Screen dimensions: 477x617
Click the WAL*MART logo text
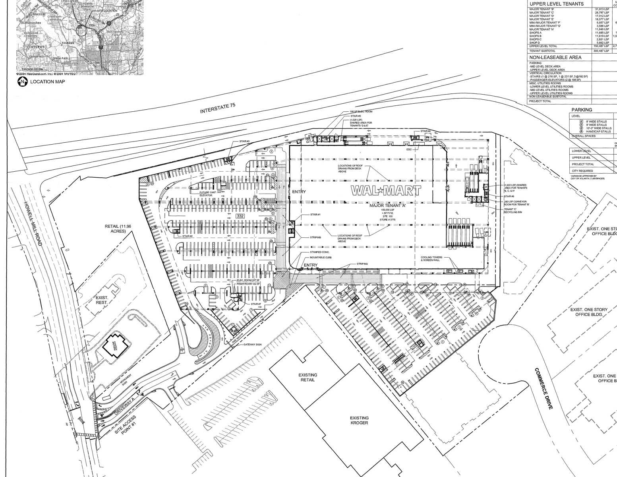[x=386, y=191]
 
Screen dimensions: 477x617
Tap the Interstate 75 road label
[x=218, y=108]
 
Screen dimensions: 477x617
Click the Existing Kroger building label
[x=359, y=420]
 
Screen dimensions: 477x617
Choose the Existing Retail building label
[x=308, y=377]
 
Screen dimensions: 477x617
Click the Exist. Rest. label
[x=102, y=300]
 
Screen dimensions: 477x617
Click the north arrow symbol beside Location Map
[x=22, y=82]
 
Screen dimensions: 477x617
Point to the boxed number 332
[x=240, y=216]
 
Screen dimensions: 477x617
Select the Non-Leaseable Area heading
[x=549, y=57]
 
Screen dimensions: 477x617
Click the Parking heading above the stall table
[x=582, y=110]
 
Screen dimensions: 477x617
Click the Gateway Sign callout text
[x=253, y=343]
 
